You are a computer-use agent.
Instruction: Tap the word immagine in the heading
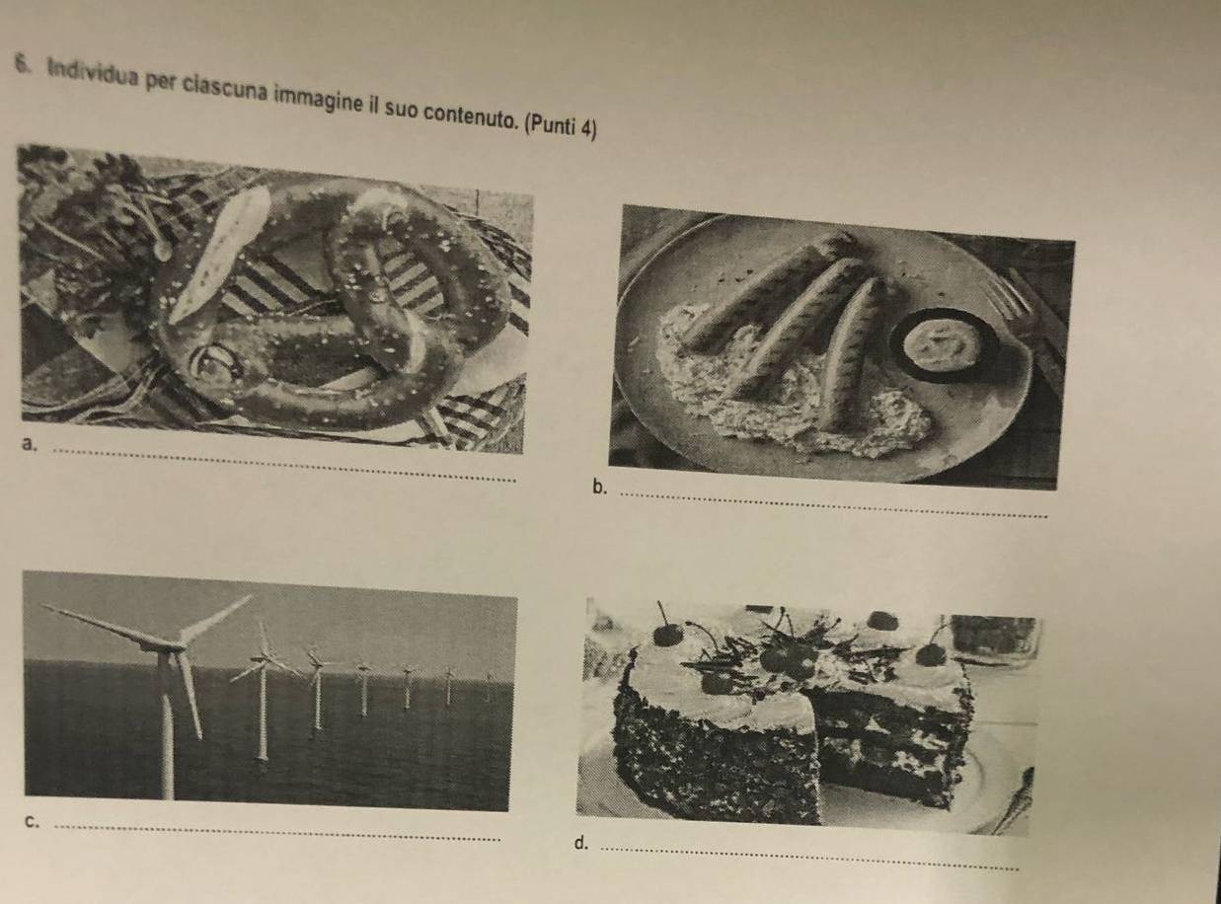click(x=316, y=102)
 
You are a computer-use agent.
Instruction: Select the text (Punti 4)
click(x=561, y=127)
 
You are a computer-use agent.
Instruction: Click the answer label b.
click(x=599, y=488)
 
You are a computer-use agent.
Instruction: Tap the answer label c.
click(x=32, y=822)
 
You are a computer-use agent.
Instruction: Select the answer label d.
click(x=580, y=844)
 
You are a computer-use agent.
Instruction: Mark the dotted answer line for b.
click(x=834, y=505)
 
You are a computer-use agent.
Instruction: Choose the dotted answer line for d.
click(x=809, y=859)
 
